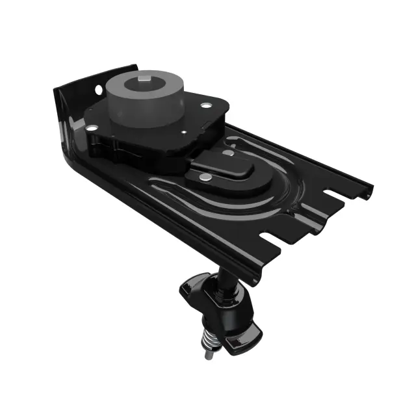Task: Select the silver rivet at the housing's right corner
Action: [x=206, y=106]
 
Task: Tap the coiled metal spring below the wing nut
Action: [x=207, y=338]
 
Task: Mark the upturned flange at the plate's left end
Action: [x=65, y=123]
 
